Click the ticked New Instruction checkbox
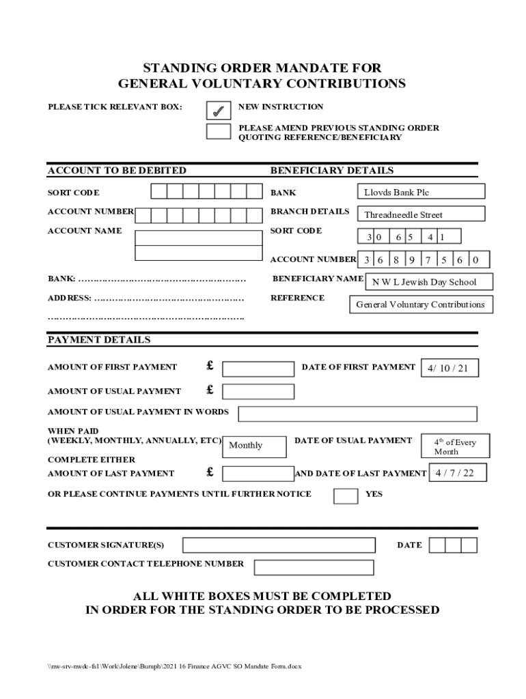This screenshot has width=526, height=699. pyautogui.click(x=218, y=110)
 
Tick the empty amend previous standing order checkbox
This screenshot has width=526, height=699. pyautogui.click(x=218, y=131)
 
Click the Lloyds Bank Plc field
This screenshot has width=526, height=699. pyautogui.click(x=421, y=192)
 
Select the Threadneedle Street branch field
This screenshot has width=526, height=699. pyautogui.click(x=421, y=214)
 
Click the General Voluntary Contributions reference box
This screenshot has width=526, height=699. pyautogui.click(x=421, y=304)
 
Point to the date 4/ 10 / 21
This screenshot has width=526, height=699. pyautogui.click(x=449, y=369)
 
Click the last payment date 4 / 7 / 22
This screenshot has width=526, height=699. pyautogui.click(x=457, y=472)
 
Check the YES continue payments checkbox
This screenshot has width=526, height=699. pyautogui.click(x=346, y=495)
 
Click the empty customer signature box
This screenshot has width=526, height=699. pyautogui.click(x=279, y=545)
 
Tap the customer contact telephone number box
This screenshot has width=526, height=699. pyautogui.click(x=314, y=567)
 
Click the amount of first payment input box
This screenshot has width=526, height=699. pyautogui.click(x=258, y=369)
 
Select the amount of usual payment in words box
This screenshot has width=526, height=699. pyautogui.click(x=357, y=414)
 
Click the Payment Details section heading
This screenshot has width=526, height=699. pyautogui.click(x=99, y=340)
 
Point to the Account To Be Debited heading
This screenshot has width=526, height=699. pyautogui.click(x=117, y=171)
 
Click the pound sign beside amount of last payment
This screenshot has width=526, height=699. pyautogui.click(x=210, y=472)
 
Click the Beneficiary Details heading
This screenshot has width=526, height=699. pyautogui.click(x=332, y=171)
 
